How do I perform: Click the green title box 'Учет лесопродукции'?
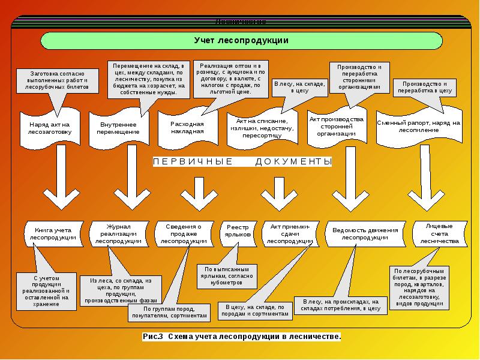click(x=242, y=41)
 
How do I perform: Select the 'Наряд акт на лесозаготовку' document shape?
click(x=50, y=128)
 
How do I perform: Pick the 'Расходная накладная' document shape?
click(x=187, y=128)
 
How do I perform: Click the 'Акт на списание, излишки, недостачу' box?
click(x=262, y=127)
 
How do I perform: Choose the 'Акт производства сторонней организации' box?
click(x=337, y=127)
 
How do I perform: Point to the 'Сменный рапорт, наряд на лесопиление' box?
click(x=418, y=127)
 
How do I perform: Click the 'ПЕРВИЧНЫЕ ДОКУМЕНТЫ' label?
click(x=242, y=162)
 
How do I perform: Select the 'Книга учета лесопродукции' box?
click(x=53, y=233)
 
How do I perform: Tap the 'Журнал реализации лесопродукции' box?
click(x=118, y=234)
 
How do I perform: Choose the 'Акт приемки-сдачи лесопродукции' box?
click(x=289, y=234)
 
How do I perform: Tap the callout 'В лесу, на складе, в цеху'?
click(x=299, y=86)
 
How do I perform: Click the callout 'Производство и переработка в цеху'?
click(x=425, y=87)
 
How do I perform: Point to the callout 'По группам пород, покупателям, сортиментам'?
click(x=168, y=312)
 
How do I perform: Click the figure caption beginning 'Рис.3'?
click(x=242, y=337)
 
